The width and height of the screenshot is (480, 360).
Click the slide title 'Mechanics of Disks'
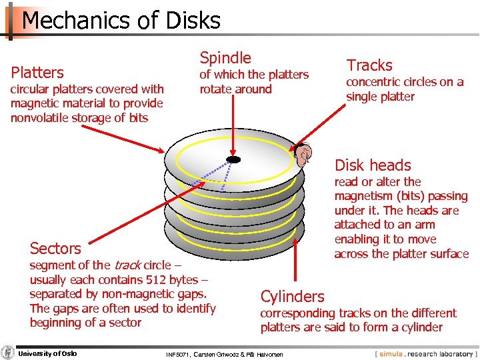[x=121, y=20]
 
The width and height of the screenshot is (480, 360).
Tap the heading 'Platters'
[x=37, y=73]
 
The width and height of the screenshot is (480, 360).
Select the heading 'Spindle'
[x=225, y=58]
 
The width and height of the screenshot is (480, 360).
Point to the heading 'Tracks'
[x=369, y=65]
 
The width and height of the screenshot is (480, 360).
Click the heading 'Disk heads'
[x=373, y=165]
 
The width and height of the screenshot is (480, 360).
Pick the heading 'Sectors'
[x=55, y=249]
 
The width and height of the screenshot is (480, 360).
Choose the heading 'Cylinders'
[x=292, y=297]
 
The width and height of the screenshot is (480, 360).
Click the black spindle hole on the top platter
[x=233, y=159]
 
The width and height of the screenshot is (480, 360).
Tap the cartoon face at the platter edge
[x=303, y=155]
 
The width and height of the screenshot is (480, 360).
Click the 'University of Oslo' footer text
[x=47, y=353]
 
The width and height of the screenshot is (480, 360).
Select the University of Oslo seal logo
[x=8, y=353]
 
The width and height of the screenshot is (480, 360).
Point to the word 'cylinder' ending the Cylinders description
[x=421, y=327]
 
